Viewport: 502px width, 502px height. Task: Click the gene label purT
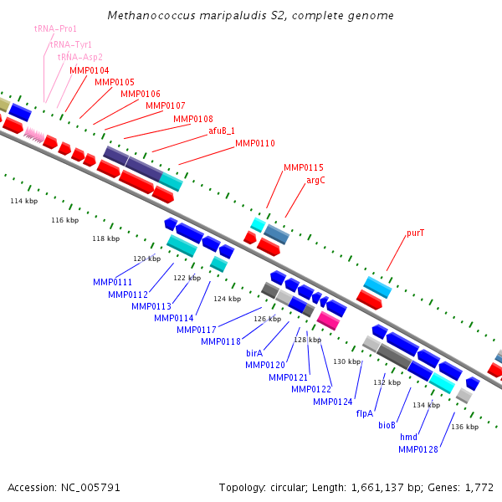coord(416,233)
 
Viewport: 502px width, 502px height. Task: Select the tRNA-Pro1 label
coord(55,28)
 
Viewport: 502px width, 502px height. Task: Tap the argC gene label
coord(315,180)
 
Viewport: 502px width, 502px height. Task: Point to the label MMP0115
coord(303,167)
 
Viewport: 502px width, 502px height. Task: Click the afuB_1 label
coord(222,131)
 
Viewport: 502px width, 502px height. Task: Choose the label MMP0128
coord(417,450)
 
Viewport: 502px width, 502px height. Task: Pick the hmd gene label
coord(408,438)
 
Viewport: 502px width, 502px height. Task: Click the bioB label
coord(387,425)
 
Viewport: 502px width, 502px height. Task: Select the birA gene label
coord(254,353)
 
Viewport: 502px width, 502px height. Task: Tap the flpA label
coord(365,413)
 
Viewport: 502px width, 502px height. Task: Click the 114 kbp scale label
coord(23,202)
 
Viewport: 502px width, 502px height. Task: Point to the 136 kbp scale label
coord(464,427)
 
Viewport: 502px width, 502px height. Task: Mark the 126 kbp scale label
coord(268,319)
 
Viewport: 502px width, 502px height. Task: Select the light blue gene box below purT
coord(377,286)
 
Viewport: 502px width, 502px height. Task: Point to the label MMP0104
coord(89,70)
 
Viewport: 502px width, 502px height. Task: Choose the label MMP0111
coord(113,282)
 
